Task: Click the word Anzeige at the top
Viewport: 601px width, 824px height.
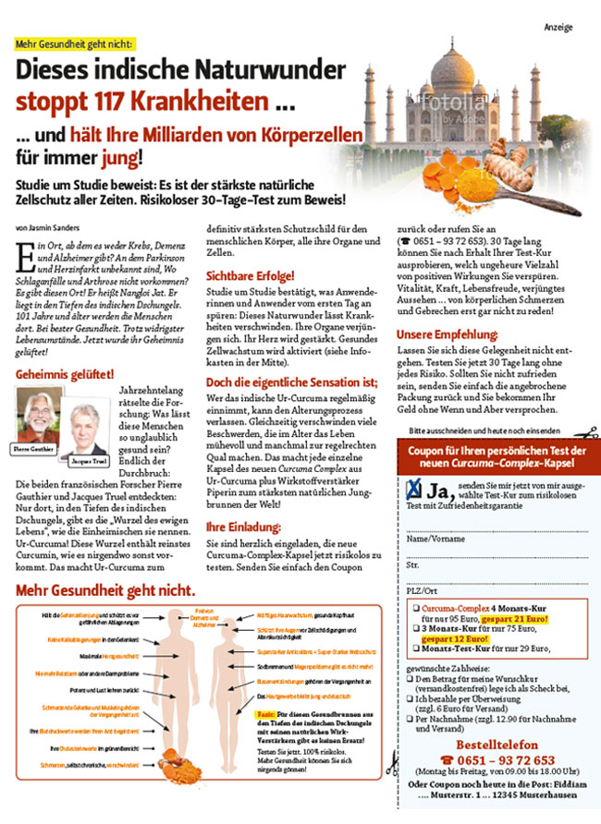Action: coord(558,27)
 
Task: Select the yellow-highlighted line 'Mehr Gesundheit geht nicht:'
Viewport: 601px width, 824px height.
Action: coord(75,43)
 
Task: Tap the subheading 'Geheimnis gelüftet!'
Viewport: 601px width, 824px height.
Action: coord(65,374)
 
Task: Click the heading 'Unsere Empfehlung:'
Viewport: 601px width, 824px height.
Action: coord(449,334)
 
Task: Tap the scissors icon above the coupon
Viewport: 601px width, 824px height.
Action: coord(580,430)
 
